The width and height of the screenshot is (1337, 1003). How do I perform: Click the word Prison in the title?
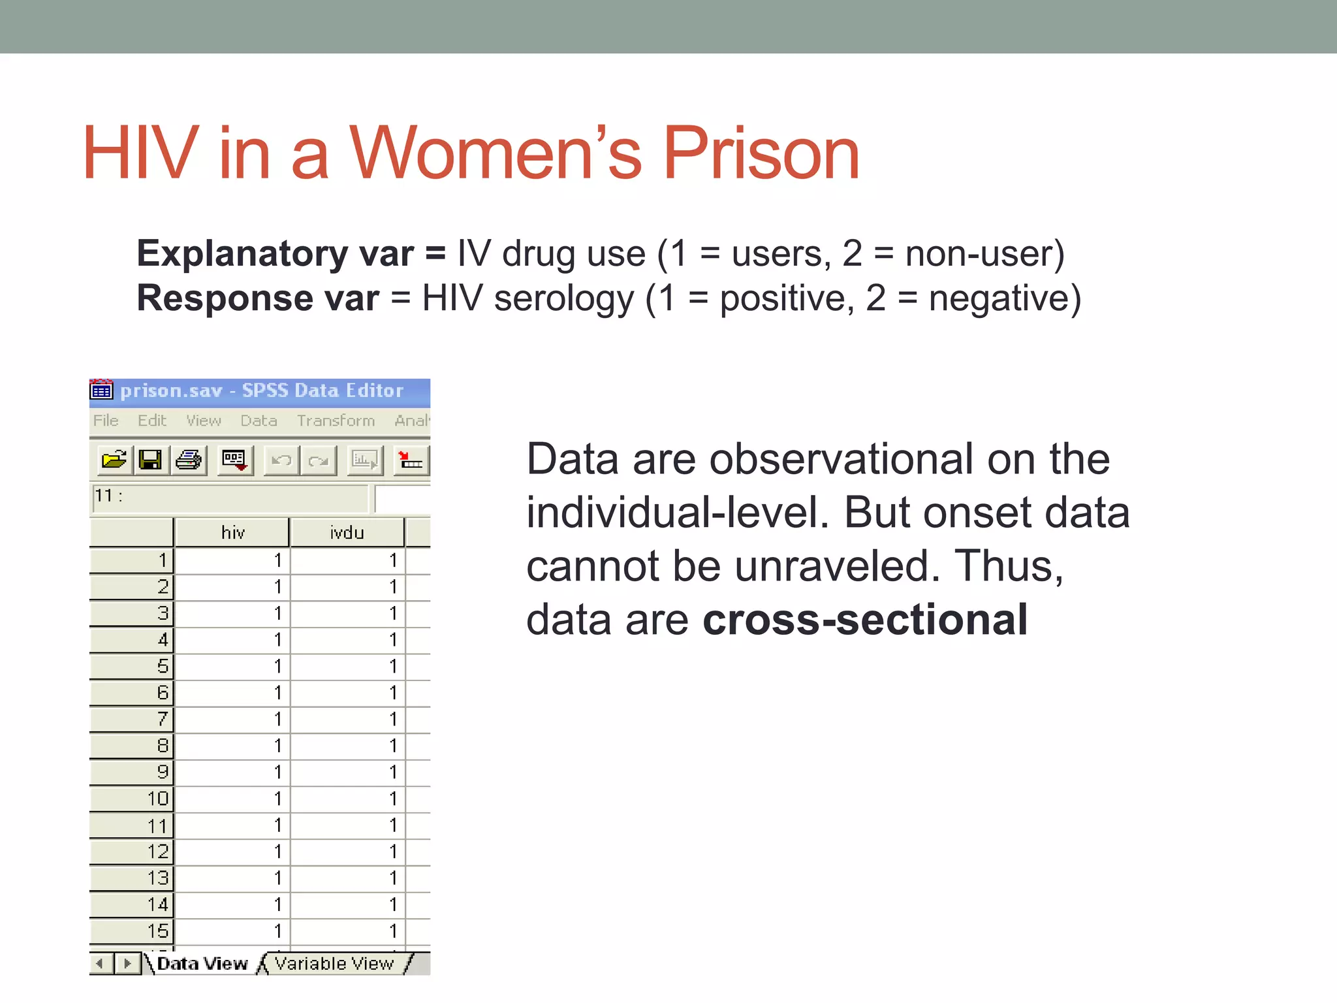[761, 154]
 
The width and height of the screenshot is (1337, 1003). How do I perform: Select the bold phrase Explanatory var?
[275, 253]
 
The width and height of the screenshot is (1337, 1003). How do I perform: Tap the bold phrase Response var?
[257, 298]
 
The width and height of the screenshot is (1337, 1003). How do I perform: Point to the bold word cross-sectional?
[865, 619]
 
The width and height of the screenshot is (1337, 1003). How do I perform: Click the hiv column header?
[232, 533]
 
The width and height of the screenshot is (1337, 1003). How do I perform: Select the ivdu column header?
[347, 533]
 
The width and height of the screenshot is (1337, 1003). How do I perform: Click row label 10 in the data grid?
[133, 799]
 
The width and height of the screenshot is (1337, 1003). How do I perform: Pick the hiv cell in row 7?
[232, 719]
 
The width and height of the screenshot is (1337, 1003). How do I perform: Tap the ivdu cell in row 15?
[347, 931]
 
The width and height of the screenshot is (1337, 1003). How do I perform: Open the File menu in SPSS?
[106, 421]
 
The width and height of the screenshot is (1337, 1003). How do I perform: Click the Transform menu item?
[336, 421]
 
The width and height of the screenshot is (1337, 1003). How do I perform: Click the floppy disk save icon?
[151, 460]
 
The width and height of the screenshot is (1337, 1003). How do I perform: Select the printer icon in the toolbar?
[189, 460]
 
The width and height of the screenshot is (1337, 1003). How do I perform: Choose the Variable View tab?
[334, 964]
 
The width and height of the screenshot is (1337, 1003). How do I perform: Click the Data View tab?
[202, 964]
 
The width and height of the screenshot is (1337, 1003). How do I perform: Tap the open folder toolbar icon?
[114, 460]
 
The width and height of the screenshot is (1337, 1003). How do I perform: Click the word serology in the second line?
[563, 298]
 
